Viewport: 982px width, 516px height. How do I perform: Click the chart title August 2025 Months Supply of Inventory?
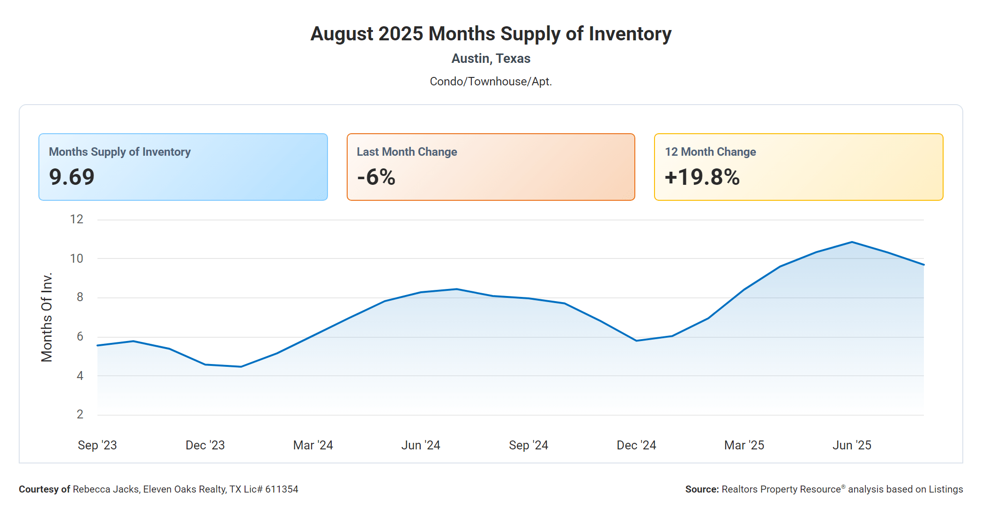tap(491, 34)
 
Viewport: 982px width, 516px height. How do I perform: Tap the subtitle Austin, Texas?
tap(491, 59)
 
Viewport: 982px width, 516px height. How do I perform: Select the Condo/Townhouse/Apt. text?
tap(491, 82)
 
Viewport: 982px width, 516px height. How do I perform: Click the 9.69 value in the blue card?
tap(72, 177)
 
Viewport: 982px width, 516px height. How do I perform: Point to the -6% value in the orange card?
tap(376, 177)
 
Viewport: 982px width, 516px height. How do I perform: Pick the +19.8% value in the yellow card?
tap(702, 177)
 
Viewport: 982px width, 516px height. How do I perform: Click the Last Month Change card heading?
tap(407, 152)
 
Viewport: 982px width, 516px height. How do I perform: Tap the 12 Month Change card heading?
tap(710, 152)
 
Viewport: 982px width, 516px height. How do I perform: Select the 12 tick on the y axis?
tap(76, 219)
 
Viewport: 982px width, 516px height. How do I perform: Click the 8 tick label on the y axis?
tap(80, 297)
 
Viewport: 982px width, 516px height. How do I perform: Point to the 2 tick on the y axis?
tap(80, 414)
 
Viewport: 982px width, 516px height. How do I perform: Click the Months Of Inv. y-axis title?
tap(46, 318)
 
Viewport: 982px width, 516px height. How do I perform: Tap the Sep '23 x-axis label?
tap(97, 445)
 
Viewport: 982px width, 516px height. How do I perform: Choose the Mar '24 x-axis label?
tap(313, 445)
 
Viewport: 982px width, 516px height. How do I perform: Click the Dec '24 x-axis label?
tap(636, 445)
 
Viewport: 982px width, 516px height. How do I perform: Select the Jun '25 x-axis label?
tap(852, 445)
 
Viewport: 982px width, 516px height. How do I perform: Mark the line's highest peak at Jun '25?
tap(852, 242)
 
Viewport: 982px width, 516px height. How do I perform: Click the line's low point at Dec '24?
tap(636, 341)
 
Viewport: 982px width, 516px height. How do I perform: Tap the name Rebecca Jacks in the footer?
tap(105, 489)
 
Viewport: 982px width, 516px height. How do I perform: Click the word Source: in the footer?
tap(702, 489)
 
